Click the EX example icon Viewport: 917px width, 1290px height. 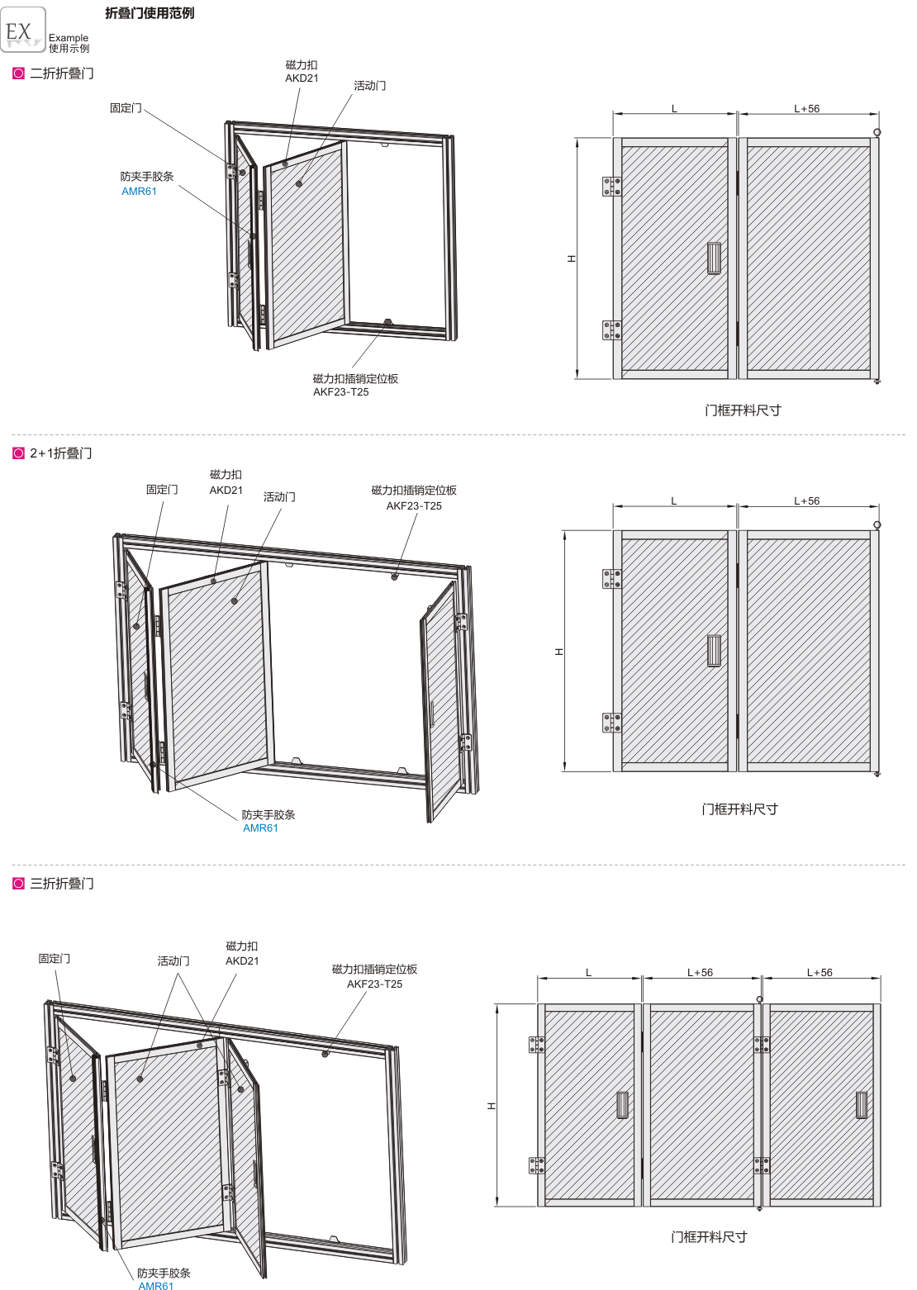pyautogui.click(x=23, y=30)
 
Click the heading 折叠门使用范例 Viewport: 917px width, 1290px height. pyautogui.click(x=150, y=13)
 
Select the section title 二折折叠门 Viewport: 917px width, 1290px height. pyautogui.click(x=62, y=74)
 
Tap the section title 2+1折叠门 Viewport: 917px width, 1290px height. pyautogui.click(x=60, y=453)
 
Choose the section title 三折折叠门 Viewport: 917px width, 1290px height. pyautogui.click(x=62, y=884)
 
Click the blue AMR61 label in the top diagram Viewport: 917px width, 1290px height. pyautogui.click(x=139, y=192)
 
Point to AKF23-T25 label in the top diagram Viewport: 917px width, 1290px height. pyautogui.click(x=341, y=391)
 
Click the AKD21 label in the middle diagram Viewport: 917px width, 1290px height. pyautogui.click(x=226, y=490)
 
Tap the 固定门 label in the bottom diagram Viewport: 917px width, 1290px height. pyautogui.click(x=55, y=958)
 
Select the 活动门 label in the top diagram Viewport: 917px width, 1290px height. pyautogui.click(x=370, y=86)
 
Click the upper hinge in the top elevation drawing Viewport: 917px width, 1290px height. pyautogui.click(x=611, y=186)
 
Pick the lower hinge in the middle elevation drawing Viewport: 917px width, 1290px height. pyautogui.click(x=611, y=723)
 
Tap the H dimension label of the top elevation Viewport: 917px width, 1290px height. pyautogui.click(x=572, y=258)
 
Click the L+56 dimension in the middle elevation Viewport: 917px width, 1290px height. pyautogui.click(x=806, y=501)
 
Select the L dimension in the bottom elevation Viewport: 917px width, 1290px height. pyautogui.click(x=588, y=973)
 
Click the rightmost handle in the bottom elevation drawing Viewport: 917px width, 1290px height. pyautogui.click(x=861, y=1104)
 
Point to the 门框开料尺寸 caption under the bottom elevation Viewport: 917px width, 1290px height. pyautogui.click(x=709, y=1236)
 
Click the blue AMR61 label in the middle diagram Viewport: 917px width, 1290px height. pyautogui.click(x=260, y=828)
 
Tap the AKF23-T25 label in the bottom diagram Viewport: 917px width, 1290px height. pyautogui.click(x=374, y=984)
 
